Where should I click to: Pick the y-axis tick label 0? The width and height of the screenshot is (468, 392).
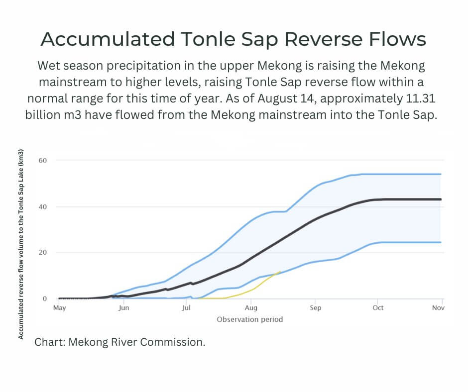(44, 299)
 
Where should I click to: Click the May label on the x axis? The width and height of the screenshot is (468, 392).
(59, 308)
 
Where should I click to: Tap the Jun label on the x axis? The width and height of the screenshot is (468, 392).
(123, 308)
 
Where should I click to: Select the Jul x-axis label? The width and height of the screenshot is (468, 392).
(186, 308)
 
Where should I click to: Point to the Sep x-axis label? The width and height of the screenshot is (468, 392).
(315, 308)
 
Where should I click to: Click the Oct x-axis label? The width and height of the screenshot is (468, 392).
(378, 308)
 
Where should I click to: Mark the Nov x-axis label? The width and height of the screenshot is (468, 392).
(438, 308)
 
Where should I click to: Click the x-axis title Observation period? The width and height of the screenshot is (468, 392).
(249, 319)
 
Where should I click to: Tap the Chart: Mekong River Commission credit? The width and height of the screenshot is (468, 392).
(119, 342)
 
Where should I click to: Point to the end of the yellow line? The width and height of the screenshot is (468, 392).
(281, 271)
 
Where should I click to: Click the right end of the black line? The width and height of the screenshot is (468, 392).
(441, 199)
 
